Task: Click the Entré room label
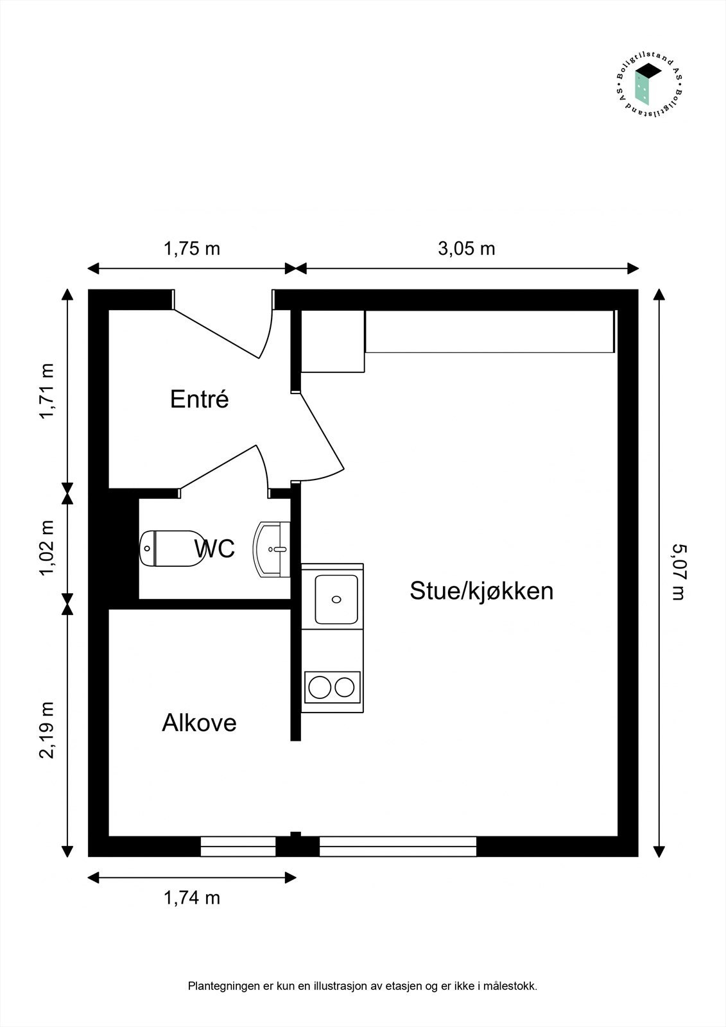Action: click(x=199, y=399)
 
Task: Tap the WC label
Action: click(x=214, y=549)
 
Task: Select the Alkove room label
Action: click(x=199, y=723)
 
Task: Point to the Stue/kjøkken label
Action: click(x=481, y=591)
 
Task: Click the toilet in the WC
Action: click(x=171, y=549)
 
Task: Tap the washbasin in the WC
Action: click(x=272, y=549)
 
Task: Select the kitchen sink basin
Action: click(x=336, y=599)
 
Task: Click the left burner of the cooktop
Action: click(x=319, y=687)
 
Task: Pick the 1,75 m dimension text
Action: click(x=191, y=248)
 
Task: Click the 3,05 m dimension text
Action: click(x=467, y=248)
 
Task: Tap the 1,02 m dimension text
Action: click(x=47, y=548)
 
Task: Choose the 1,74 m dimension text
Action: click(x=191, y=897)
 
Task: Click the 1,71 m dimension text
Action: click(x=47, y=392)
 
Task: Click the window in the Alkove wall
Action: click(x=238, y=847)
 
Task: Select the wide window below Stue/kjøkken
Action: click(x=398, y=847)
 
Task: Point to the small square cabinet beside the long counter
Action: click(x=333, y=341)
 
